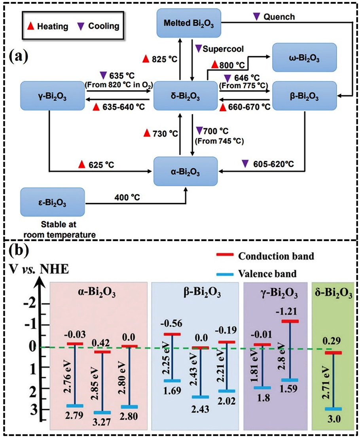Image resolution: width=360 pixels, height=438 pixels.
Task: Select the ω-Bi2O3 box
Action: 304,58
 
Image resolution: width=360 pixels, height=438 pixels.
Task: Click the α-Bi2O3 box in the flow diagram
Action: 186,172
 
